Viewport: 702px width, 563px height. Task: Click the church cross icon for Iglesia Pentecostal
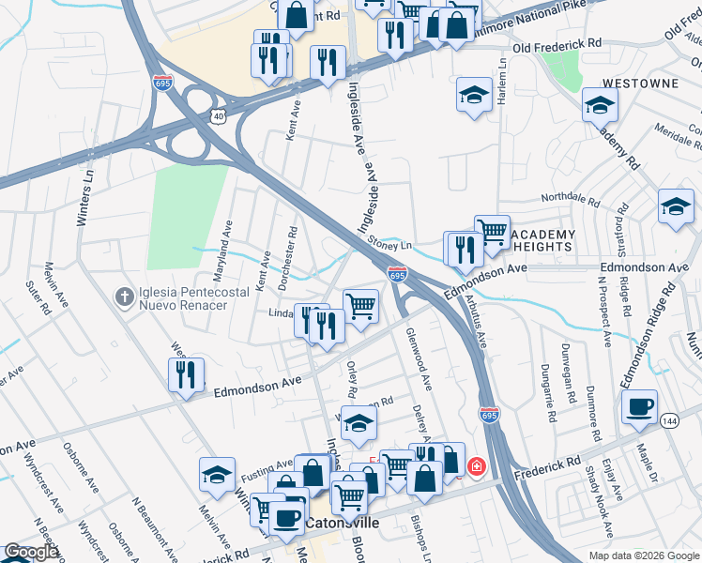[123, 297]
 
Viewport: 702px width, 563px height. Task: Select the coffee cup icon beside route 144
[639, 407]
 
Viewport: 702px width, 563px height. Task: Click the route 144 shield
[669, 421]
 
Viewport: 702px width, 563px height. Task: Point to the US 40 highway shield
[219, 114]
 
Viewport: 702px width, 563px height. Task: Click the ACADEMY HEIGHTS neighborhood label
[545, 240]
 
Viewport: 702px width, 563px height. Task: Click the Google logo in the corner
[31, 552]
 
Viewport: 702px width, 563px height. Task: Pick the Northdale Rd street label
[569, 200]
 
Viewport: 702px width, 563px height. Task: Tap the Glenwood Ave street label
[420, 358]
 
